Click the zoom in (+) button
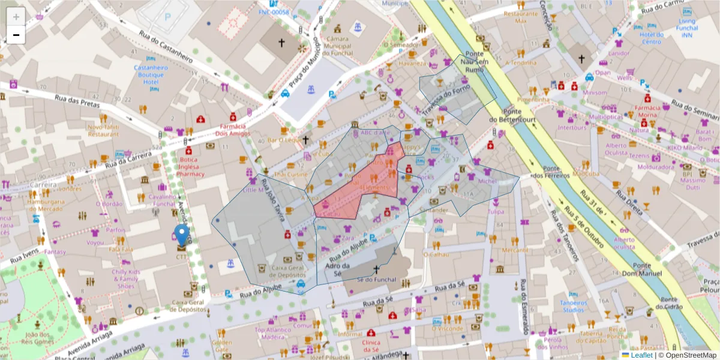click(x=16, y=16)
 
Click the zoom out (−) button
click(x=16, y=35)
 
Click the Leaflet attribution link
click(x=641, y=355)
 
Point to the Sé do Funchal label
click(x=377, y=279)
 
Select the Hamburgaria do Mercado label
click(x=45, y=205)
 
